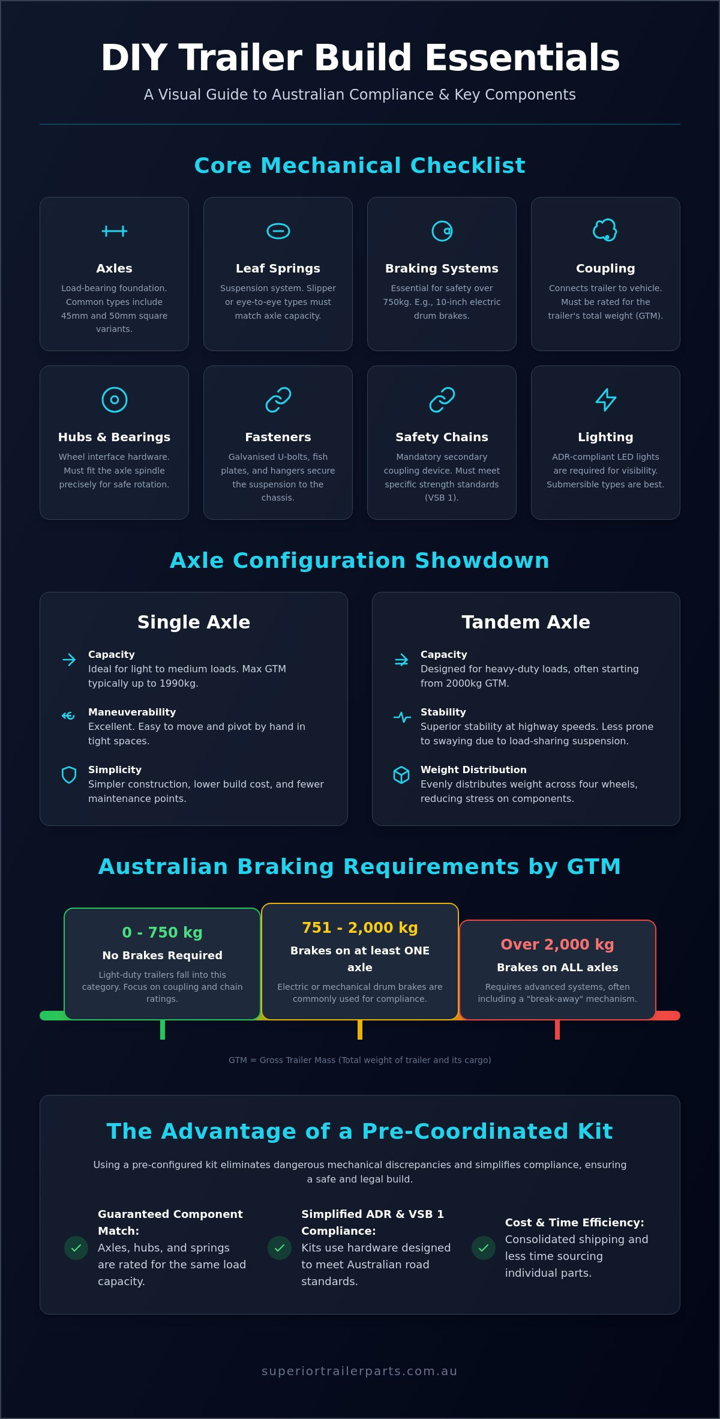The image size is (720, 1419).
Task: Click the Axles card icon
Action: pyautogui.click(x=114, y=231)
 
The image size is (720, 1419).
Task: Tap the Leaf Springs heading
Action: pyautogui.click(x=278, y=268)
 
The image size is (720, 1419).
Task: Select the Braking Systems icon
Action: pyautogui.click(x=442, y=231)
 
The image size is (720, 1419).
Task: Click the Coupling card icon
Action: pyautogui.click(x=605, y=230)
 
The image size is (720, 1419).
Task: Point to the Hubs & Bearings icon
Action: pyautogui.click(x=115, y=400)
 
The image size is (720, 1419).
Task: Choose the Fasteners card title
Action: pyautogui.click(x=278, y=437)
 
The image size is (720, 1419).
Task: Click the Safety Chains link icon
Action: pyautogui.click(x=442, y=400)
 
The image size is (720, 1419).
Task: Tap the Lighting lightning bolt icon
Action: pyautogui.click(x=606, y=400)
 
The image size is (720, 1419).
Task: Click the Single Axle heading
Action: pyautogui.click(x=194, y=622)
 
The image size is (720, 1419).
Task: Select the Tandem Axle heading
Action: pyautogui.click(x=526, y=622)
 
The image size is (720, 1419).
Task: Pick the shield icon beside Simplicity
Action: pyautogui.click(x=69, y=775)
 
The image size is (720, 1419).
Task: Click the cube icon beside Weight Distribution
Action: pyautogui.click(x=401, y=775)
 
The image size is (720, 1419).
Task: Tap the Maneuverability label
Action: pyautogui.click(x=132, y=712)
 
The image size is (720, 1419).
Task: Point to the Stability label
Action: pyautogui.click(x=443, y=712)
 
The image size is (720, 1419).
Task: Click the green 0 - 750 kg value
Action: pyautogui.click(x=163, y=932)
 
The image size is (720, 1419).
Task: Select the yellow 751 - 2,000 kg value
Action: pyautogui.click(x=360, y=927)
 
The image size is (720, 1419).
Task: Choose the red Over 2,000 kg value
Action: pyautogui.click(x=557, y=944)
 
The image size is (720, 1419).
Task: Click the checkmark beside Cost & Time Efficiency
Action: pyautogui.click(x=484, y=1248)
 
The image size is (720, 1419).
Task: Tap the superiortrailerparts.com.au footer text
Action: pyautogui.click(x=360, y=1371)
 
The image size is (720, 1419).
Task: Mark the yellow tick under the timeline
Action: pyautogui.click(x=360, y=1029)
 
